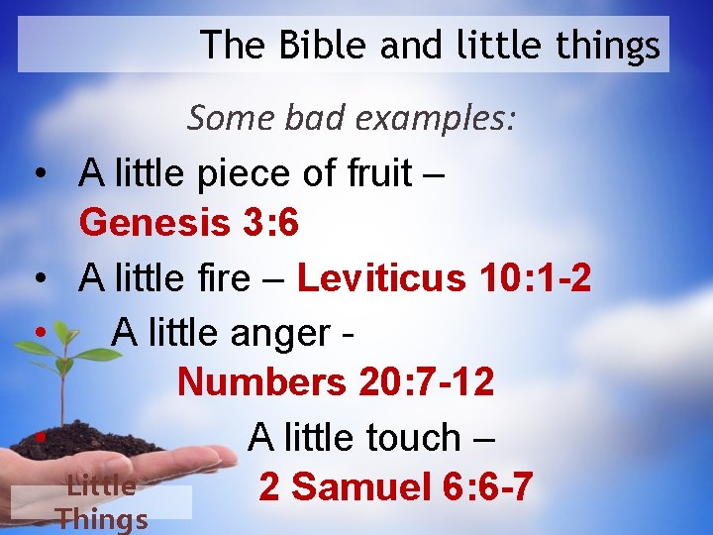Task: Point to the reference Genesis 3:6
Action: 188,223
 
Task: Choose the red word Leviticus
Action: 380,278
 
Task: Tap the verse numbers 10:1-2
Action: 534,278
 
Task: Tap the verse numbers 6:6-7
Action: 489,487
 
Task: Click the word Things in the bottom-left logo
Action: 102,519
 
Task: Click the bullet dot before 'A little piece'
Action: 37,174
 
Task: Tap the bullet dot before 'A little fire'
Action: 37,279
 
